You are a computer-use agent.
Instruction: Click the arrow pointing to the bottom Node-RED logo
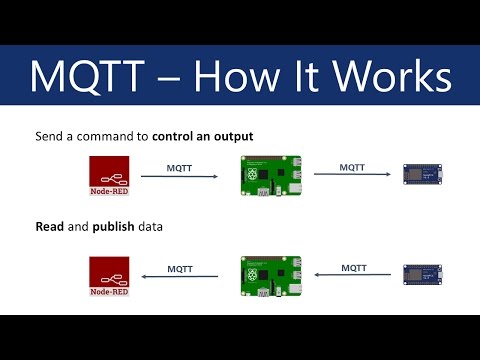[180, 277]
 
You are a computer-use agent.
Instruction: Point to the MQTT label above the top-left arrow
[180, 169]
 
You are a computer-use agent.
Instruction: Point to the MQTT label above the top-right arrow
[354, 167]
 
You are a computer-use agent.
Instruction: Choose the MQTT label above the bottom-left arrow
[180, 268]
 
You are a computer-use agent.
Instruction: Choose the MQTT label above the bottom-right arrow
[354, 267]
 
